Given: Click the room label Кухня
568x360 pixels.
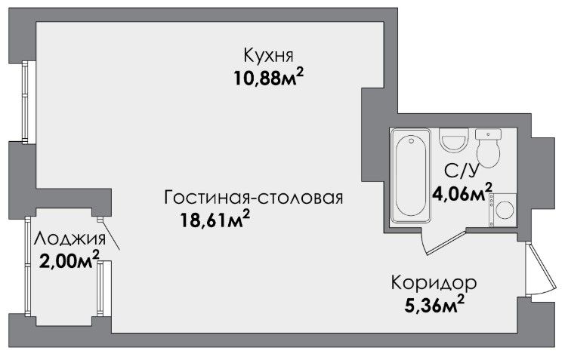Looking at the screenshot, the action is pos(268,56).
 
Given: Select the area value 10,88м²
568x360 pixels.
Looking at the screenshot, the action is pos(268,78).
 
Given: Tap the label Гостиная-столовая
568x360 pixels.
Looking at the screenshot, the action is pos(254,198).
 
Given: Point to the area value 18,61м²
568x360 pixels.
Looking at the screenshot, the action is pos(215,220).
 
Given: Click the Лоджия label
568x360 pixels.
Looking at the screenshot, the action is pos(70,239).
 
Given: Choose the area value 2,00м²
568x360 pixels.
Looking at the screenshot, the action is pos(69,260).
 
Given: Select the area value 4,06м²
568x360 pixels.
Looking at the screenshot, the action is pos(462,192).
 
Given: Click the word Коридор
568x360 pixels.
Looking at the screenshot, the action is pos(434,283).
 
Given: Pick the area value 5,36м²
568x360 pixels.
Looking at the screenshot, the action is pos(434,305).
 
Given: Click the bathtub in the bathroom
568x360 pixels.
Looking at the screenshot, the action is pos(411,175).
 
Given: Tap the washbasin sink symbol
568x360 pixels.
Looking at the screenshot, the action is pos(454,140).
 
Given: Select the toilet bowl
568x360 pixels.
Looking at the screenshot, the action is pos(488,153).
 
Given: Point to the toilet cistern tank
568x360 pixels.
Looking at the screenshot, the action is pos(488,134).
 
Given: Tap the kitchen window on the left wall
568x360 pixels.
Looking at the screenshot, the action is pos(26,102).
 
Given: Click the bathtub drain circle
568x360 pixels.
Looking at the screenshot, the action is pos(411,140).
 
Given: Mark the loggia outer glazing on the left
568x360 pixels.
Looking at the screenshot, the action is pos(27,266).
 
